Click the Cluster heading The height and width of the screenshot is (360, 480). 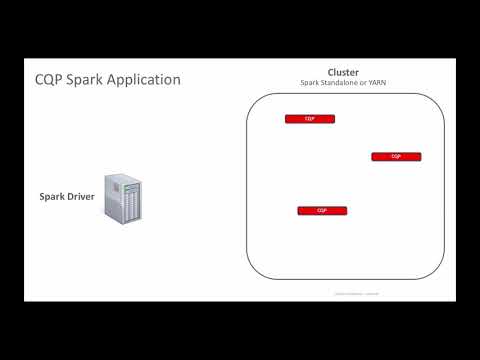(x=343, y=72)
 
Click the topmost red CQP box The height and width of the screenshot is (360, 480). (x=310, y=119)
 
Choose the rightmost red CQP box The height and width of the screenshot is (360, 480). (x=396, y=157)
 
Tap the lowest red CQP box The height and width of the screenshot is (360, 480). (x=322, y=211)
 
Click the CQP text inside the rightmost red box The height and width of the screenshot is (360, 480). (x=396, y=157)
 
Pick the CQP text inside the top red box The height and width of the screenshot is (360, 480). (x=310, y=119)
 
